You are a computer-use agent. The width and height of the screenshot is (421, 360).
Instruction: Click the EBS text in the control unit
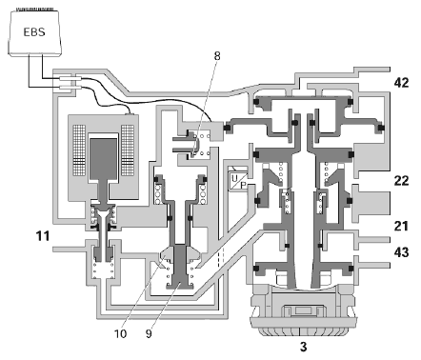[34, 32]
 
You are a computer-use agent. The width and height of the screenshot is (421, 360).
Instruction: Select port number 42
[401, 83]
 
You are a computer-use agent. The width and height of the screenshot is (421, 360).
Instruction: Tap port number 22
[401, 181]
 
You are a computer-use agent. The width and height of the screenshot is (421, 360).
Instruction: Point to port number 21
[401, 227]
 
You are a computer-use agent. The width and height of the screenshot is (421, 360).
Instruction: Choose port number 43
[401, 252]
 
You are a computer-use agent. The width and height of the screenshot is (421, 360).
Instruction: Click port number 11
[43, 236]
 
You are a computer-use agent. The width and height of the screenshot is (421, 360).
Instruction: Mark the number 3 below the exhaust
[304, 347]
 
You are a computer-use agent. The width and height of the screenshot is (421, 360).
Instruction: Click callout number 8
[217, 56]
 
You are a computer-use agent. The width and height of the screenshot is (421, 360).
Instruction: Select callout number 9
[149, 334]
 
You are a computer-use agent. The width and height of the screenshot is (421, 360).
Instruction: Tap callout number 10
[121, 334]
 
